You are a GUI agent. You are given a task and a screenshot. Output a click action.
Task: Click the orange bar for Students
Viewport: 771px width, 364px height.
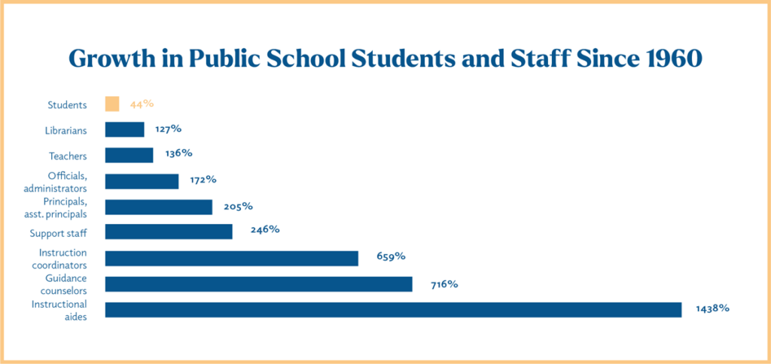(x=112, y=104)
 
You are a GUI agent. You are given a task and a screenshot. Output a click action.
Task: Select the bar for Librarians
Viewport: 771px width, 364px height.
(x=124, y=129)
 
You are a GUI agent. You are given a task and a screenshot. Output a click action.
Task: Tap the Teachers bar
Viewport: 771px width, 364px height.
(x=129, y=155)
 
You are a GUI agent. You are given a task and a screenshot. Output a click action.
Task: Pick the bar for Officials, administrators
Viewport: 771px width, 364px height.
(x=142, y=181)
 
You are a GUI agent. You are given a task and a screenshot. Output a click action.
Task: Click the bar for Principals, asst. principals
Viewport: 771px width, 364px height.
(x=158, y=207)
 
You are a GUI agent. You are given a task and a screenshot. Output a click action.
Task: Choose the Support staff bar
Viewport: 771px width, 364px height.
(x=169, y=232)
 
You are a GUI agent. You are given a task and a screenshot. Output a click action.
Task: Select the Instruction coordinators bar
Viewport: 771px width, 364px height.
(x=231, y=259)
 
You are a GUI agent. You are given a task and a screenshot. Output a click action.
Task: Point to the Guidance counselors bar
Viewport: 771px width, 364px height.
(x=258, y=284)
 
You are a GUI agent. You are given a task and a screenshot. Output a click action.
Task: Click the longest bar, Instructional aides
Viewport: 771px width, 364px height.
(x=393, y=310)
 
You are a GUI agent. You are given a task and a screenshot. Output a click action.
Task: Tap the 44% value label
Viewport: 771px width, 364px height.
(x=142, y=104)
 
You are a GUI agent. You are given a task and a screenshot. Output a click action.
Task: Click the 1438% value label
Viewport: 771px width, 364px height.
(x=712, y=308)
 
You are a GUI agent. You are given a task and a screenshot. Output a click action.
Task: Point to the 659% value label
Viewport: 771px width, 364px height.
(x=391, y=256)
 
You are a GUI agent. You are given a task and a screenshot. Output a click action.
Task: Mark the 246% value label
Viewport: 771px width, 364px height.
(x=265, y=229)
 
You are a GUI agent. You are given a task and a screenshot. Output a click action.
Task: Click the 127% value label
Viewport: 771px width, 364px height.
(x=169, y=129)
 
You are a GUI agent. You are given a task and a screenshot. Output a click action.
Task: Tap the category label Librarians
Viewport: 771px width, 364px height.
(x=66, y=130)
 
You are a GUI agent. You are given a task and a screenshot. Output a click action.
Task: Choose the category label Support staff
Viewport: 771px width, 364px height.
(x=58, y=233)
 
